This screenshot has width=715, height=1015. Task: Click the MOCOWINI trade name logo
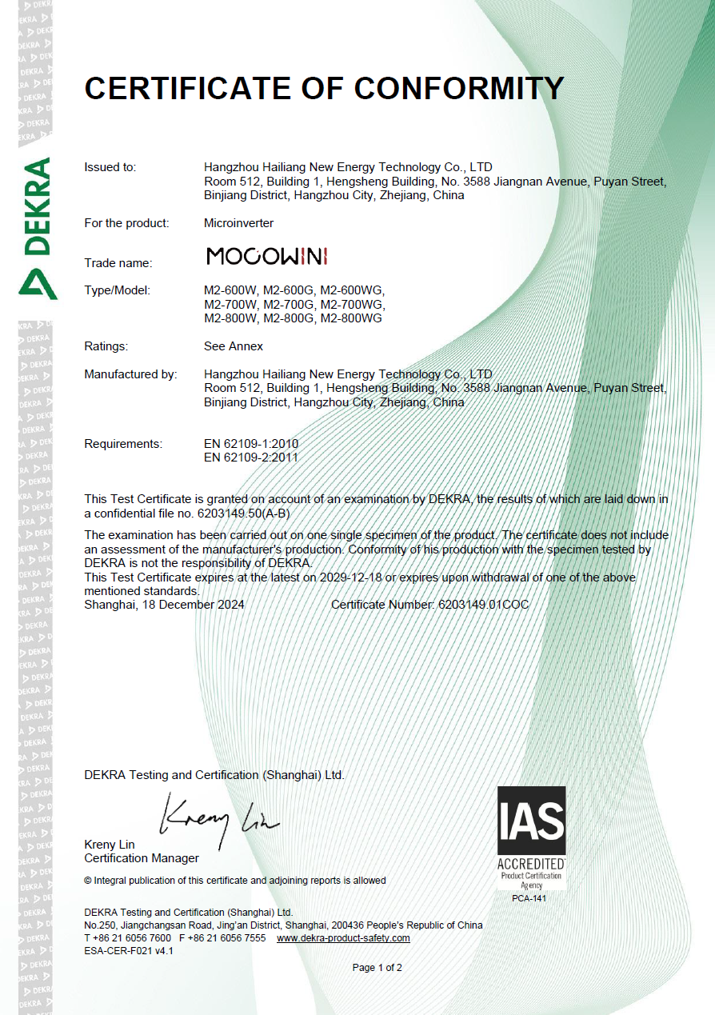click(267, 256)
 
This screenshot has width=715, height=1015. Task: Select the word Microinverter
click(238, 223)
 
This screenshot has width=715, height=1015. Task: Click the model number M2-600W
click(231, 290)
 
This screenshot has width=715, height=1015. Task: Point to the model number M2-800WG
click(351, 318)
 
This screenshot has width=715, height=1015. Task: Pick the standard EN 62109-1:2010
click(251, 443)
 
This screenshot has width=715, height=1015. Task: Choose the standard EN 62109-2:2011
click(251, 458)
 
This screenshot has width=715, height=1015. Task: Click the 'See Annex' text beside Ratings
click(234, 346)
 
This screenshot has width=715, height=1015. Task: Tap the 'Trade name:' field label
click(118, 262)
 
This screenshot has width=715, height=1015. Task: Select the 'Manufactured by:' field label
click(130, 374)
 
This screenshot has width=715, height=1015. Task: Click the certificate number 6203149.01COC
click(483, 605)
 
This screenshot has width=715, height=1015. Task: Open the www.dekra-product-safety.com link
click(343, 937)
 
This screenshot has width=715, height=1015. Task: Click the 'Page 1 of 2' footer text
click(377, 968)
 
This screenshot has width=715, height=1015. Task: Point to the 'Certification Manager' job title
click(142, 858)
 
